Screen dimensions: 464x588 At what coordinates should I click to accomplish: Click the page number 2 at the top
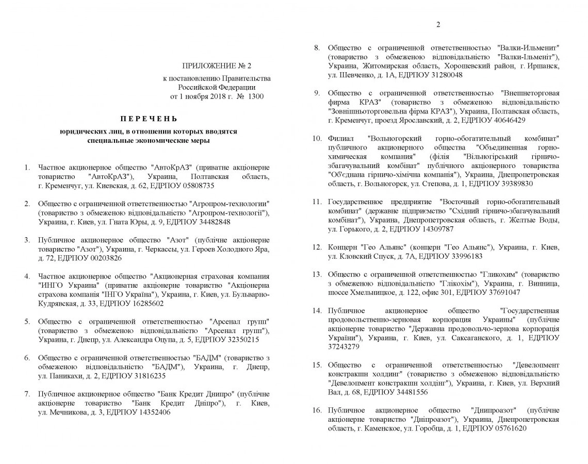click(x=438, y=24)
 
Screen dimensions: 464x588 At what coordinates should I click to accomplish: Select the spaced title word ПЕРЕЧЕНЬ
click(x=149, y=118)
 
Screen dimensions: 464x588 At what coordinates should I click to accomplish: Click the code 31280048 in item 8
click(x=444, y=75)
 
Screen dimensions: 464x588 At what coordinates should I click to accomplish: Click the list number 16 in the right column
click(x=317, y=410)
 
